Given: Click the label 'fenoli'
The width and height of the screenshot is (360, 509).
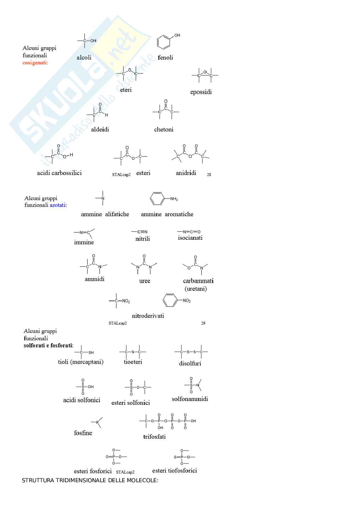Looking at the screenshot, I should [x=165, y=58].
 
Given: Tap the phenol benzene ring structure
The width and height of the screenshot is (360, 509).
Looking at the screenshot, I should [x=163, y=42].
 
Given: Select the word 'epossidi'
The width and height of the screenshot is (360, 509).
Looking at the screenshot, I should [x=201, y=92].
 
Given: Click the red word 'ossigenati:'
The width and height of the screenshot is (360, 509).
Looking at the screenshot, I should [x=35, y=63].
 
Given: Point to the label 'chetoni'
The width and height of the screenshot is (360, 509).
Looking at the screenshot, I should [x=164, y=130].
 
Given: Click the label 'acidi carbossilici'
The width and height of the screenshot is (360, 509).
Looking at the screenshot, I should [x=59, y=173].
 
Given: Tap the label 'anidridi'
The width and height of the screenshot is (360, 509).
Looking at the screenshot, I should [x=186, y=173].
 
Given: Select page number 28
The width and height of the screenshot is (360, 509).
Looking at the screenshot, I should [x=209, y=175].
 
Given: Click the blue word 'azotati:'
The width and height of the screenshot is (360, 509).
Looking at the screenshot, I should [x=58, y=205].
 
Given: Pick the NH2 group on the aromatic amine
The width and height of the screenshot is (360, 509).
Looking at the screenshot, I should [x=174, y=199].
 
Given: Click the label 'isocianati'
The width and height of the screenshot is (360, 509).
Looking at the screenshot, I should [x=190, y=238].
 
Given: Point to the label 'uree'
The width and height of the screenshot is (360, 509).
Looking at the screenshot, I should [x=145, y=281].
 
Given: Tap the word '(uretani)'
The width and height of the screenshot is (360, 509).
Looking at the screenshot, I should [x=195, y=289].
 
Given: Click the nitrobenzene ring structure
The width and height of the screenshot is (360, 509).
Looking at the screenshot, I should [x=170, y=300].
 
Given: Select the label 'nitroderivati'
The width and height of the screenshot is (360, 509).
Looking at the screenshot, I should [x=148, y=316].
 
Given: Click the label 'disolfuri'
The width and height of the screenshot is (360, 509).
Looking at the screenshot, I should [x=190, y=364].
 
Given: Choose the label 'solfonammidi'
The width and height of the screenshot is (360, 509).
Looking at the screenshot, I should [x=190, y=399].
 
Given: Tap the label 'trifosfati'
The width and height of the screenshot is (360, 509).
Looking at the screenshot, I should [x=154, y=437].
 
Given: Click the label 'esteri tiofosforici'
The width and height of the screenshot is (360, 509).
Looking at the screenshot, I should [x=175, y=471].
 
